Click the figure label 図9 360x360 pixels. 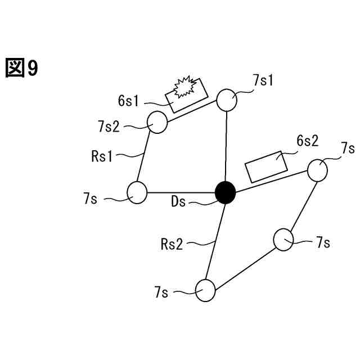tap(22, 69)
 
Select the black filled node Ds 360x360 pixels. tap(226, 192)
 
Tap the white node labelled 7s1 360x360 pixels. tap(227, 100)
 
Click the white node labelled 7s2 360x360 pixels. tap(157, 122)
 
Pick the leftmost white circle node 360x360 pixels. tap(137, 192)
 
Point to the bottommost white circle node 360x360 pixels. tap(205, 291)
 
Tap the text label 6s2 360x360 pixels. tap(307, 141)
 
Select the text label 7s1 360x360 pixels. tap(263, 80)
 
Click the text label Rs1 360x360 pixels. tap(102, 156)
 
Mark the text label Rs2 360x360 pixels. tap(172, 244)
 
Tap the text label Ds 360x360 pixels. tap(179, 202)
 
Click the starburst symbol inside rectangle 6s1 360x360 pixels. tap(185, 87)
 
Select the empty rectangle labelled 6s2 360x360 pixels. tap(266, 166)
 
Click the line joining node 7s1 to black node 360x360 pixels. tap(226, 146)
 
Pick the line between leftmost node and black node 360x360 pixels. tap(180, 192)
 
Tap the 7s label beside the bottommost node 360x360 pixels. tap(162, 292)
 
